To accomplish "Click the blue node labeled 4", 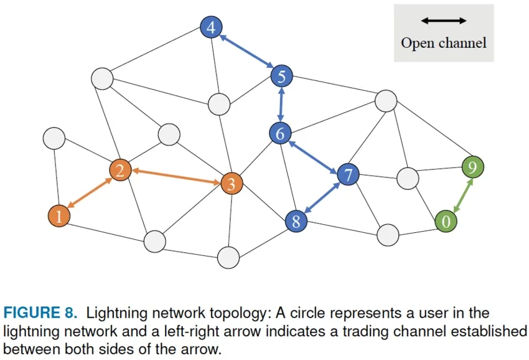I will [212, 27].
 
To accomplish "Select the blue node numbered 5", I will [281, 77].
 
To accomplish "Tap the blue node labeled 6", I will [281, 133].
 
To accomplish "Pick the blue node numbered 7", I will [348, 175].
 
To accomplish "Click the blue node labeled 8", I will [296, 220].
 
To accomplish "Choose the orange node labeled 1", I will [59, 216].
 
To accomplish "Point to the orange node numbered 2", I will [120, 169].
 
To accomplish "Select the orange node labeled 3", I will [232, 184].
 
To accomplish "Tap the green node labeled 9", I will [473, 167].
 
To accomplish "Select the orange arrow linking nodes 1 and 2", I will [90, 193].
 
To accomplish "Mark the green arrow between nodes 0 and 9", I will [459, 194].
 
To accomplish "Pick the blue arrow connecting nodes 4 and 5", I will [246, 52].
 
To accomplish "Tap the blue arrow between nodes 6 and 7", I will [314, 154].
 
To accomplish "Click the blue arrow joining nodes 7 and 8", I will [322, 198].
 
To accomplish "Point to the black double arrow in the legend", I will [443, 21].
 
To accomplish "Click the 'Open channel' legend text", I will [443, 43].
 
